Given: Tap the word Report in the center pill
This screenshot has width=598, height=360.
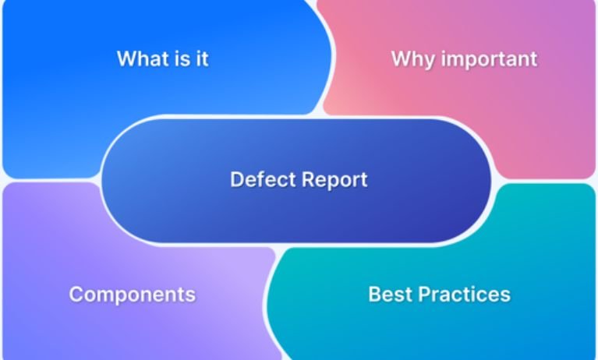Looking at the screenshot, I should pyautogui.click(x=334, y=180).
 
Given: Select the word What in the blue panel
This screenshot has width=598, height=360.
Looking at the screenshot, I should pyautogui.click(x=140, y=58).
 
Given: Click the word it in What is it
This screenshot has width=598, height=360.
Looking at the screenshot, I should pyautogui.click(x=202, y=58).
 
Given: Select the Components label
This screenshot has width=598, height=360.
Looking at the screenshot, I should pyautogui.click(x=132, y=294).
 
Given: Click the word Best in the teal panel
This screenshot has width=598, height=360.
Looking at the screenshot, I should pyautogui.click(x=389, y=294).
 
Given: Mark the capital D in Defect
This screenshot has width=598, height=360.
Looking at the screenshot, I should pyautogui.click(x=236, y=180).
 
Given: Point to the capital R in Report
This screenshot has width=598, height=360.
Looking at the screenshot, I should pyautogui.click(x=307, y=180).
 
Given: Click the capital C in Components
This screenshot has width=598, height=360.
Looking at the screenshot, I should pyautogui.click(x=76, y=294).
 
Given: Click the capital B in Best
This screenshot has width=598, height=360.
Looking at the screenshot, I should pyautogui.click(x=374, y=294).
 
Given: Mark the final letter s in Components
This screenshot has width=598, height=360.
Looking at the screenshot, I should pyautogui.click(x=190, y=295).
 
